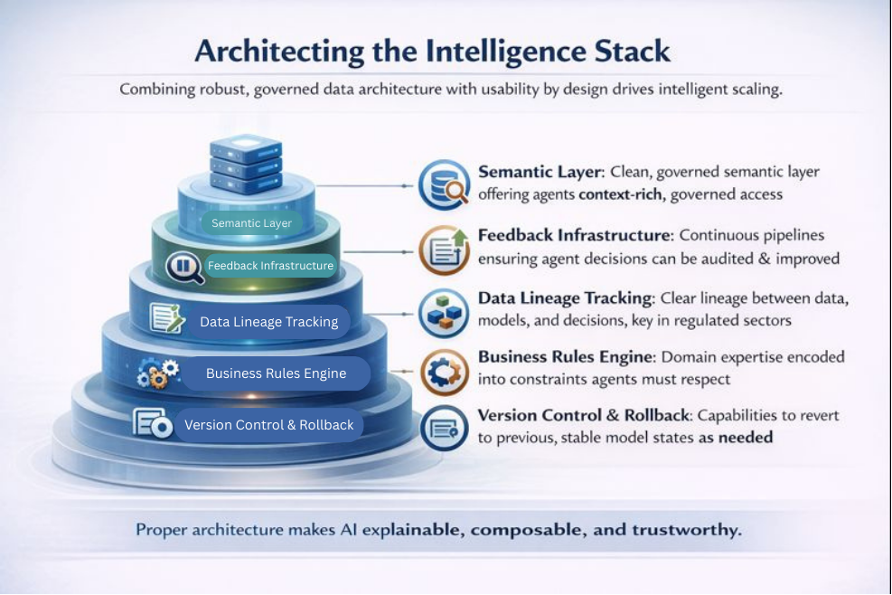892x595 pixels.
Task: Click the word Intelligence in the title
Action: click(506, 52)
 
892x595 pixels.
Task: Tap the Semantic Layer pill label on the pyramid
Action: click(251, 223)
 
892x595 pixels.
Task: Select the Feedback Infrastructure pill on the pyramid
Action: click(270, 265)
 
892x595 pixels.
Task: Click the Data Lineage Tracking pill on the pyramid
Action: click(269, 322)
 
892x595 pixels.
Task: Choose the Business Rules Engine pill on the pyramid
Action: click(276, 373)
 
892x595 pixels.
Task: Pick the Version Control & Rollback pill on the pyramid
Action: click(269, 425)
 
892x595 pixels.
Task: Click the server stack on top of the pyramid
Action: click(247, 164)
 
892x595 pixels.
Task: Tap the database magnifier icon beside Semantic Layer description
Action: click(445, 185)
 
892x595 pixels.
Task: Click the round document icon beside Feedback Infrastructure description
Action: click(445, 250)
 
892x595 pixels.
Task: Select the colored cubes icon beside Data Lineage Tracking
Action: click(445, 313)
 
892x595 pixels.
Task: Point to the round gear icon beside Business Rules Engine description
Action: click(445, 373)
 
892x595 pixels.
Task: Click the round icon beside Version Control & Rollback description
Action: click(445, 429)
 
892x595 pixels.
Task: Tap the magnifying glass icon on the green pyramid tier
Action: click(184, 268)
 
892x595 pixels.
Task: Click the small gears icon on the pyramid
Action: click(158, 374)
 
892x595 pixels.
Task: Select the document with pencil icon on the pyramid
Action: click(167, 317)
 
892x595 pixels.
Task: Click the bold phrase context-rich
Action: click(620, 194)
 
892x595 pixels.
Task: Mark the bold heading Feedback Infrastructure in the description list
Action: click(574, 235)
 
